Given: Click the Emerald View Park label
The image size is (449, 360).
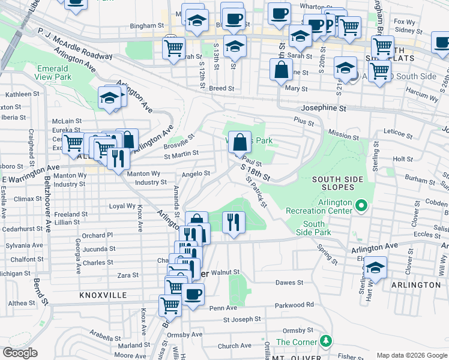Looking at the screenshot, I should pos(53,73).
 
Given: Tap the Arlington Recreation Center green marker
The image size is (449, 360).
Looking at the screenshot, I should pos(360,206).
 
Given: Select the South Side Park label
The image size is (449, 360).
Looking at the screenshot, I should pos(313,227).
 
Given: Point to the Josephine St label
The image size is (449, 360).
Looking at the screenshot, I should pos(325,109).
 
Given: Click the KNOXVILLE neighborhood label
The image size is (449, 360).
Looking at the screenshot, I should pos(103,296).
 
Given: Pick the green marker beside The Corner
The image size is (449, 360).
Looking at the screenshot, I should pos(325,341).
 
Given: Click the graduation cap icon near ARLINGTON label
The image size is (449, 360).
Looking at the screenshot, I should pos(375,268).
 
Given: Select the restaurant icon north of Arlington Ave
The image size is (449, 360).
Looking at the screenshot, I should pos(232,221).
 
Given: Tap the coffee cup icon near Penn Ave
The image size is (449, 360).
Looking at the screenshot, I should pos(193,294).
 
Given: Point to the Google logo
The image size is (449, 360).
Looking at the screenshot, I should pos(20,353).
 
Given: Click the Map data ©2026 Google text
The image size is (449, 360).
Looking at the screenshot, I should pos(412,355).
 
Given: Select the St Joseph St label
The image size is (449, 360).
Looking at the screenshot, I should pos(243,319).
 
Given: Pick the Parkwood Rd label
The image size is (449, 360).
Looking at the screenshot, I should pos(294,305).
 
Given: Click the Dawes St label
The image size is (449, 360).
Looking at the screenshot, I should pos(287,282).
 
